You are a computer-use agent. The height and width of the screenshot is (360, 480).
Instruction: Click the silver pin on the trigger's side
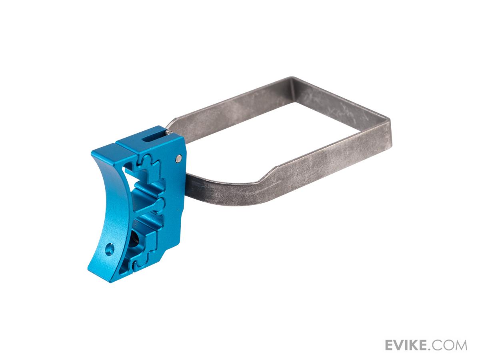pos(179,158)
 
